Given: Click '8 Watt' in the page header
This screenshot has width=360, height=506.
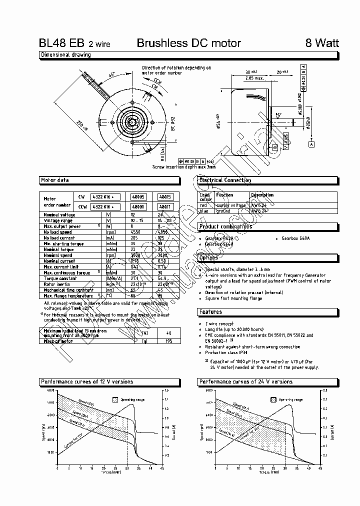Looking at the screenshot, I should click(322, 43).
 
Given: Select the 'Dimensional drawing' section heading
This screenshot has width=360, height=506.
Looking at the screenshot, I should click(65, 55).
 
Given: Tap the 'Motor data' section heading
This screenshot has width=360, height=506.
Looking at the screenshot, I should click(55, 180).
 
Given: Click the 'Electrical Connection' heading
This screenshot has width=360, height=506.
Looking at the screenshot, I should click(225, 180).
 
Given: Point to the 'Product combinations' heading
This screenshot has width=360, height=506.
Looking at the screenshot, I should click(225, 226).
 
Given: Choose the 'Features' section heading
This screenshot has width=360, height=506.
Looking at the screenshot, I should click(210, 312).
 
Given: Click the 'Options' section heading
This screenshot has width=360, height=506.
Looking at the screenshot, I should click(208, 258).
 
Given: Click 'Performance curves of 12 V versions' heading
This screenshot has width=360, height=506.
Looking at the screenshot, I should click(86, 382).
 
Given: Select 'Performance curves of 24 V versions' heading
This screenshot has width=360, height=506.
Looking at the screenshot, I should click(246, 382).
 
